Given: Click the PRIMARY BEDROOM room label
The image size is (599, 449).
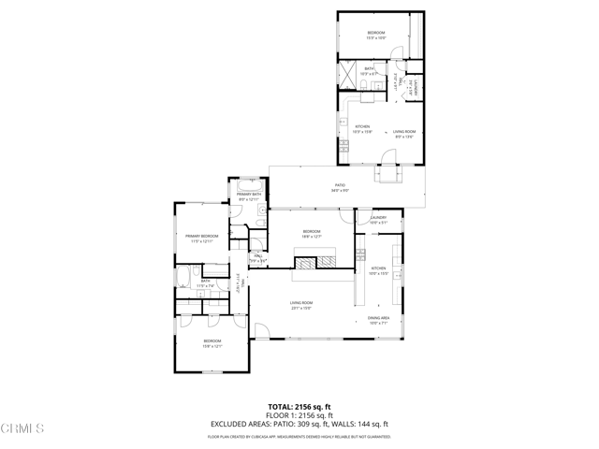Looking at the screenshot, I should click(x=201, y=236).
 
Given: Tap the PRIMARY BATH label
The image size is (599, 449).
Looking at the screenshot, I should click(x=248, y=194).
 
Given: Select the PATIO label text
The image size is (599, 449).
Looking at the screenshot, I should click(x=339, y=185).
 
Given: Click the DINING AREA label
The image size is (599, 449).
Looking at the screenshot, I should click(x=379, y=319).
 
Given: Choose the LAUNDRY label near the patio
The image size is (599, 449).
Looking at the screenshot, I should click(x=378, y=217).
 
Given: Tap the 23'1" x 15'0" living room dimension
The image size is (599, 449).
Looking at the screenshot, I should click(x=300, y=308).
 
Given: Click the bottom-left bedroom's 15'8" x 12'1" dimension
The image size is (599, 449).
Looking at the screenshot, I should click(x=212, y=346).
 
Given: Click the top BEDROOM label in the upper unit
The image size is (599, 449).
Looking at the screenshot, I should click(x=374, y=33).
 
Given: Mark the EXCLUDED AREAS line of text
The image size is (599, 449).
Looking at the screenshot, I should click(x=299, y=425).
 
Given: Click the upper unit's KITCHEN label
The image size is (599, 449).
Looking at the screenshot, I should click(x=361, y=127).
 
